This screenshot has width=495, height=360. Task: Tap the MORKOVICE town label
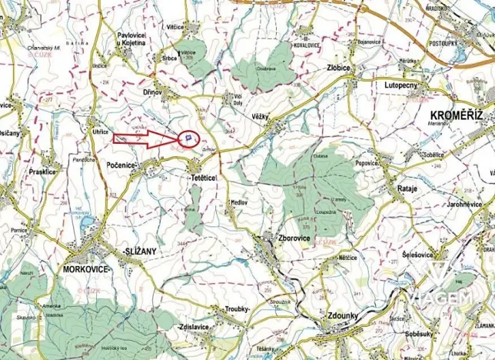[85, 268]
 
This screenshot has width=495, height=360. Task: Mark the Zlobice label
[337, 68]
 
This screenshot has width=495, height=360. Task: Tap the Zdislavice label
[193, 327]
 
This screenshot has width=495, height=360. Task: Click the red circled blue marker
[188, 138]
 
